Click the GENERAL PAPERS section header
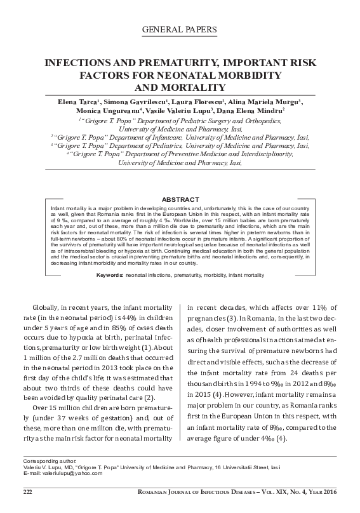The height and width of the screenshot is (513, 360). (180, 30)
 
